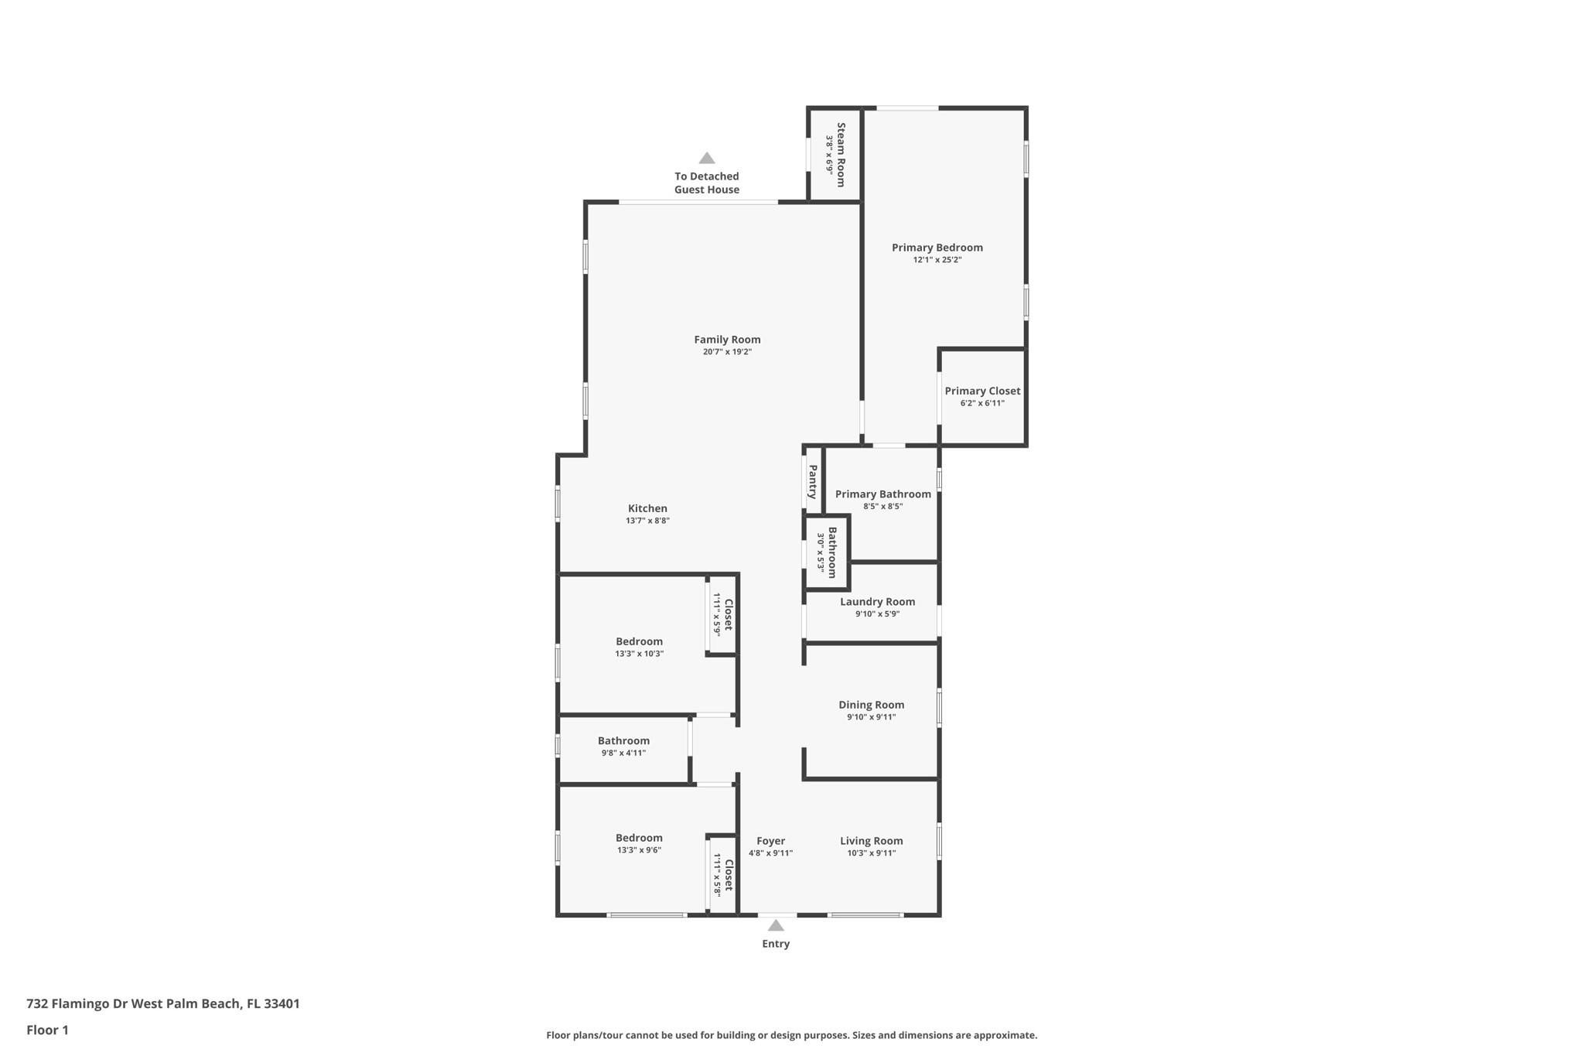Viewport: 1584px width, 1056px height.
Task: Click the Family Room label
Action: click(x=727, y=340)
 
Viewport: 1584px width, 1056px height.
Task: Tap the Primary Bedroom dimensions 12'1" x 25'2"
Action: click(x=937, y=260)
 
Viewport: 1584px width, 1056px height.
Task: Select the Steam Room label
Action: click(x=841, y=154)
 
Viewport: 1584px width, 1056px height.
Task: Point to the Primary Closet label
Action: click(x=982, y=391)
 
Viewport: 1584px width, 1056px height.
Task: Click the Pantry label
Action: click(x=813, y=481)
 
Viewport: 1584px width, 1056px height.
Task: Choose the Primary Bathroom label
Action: click(x=882, y=494)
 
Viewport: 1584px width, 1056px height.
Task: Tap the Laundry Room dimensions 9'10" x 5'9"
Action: click(x=877, y=614)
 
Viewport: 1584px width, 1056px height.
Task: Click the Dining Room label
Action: click(x=871, y=705)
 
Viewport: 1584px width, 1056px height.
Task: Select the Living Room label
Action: click(x=871, y=841)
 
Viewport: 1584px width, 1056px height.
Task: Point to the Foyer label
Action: click(x=770, y=841)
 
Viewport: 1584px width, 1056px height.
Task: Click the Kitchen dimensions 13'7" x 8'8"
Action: click(x=647, y=521)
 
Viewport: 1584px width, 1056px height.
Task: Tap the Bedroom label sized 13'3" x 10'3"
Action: click(x=639, y=641)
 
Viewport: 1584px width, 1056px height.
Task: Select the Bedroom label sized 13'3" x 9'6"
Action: click(x=639, y=838)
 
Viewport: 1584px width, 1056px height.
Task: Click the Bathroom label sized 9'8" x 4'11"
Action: click(x=623, y=741)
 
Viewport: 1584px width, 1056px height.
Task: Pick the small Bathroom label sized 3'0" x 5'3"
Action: click(x=832, y=552)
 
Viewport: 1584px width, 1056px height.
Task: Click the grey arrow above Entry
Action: click(x=776, y=925)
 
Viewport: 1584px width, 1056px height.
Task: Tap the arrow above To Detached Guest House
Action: click(x=706, y=159)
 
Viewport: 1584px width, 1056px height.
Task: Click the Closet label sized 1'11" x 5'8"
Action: click(x=728, y=875)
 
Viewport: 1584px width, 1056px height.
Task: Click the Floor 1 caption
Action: click(x=47, y=1030)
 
